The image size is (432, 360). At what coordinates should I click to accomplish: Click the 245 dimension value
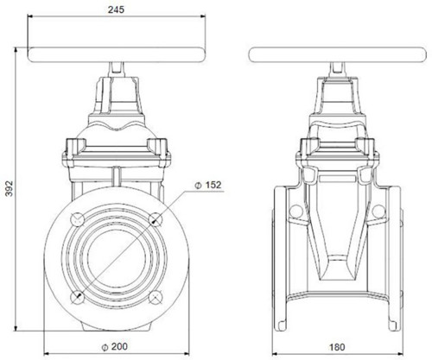[x=116, y=9]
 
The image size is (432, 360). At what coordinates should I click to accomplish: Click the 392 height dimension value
[x=10, y=188]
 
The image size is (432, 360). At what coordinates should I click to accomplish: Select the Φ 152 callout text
[x=208, y=185]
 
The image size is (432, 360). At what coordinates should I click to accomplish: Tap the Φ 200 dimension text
[x=114, y=347]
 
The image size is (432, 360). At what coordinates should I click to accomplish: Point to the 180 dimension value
[x=337, y=347]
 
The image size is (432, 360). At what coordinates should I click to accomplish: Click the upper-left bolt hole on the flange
[x=77, y=219]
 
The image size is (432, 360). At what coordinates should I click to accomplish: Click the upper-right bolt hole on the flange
[x=156, y=219]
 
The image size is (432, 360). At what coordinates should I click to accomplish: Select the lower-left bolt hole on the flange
[x=77, y=297]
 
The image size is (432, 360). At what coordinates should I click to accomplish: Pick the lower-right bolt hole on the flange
[x=156, y=297]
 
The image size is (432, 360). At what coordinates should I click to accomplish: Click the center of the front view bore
[x=117, y=258]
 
